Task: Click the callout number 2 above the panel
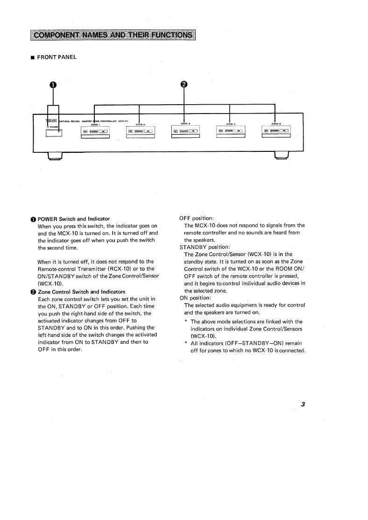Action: point(184,84)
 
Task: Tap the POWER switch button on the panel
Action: point(54,133)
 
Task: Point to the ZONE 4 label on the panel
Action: point(229,124)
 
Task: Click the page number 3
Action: point(303,405)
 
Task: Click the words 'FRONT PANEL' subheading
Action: point(57,57)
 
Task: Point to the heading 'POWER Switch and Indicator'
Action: point(74,219)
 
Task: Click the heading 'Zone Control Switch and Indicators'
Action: point(81,292)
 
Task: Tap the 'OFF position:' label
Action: point(197,219)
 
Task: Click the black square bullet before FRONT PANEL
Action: point(33,57)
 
